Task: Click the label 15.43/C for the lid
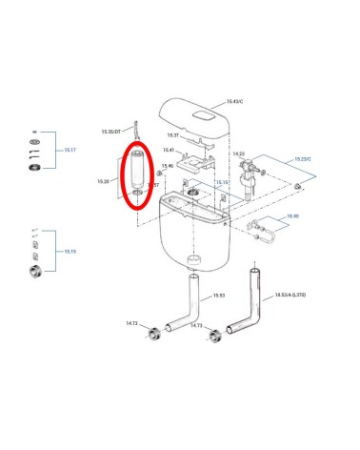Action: tap(235, 101)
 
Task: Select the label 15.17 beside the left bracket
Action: tap(70, 150)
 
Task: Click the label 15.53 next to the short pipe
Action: tap(218, 296)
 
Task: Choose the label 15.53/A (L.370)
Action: tap(290, 296)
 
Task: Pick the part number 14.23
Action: tap(238, 153)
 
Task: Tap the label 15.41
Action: tap(168, 150)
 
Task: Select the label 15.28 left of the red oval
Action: tap(103, 180)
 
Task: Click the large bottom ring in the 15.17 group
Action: tap(37, 169)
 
